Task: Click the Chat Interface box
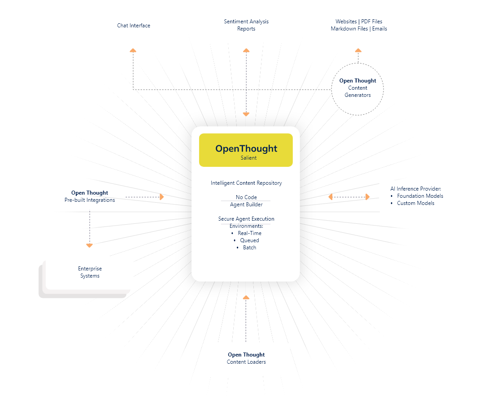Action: pyautogui.click(x=134, y=26)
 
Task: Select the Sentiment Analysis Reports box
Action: pyautogui.click(x=246, y=25)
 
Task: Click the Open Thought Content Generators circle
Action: pyautogui.click(x=357, y=88)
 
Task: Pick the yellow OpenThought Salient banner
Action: pyautogui.click(x=246, y=150)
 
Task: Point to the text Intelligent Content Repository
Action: pyautogui.click(x=246, y=183)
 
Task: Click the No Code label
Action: pyautogui.click(x=246, y=197)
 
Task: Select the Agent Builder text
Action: pyautogui.click(x=246, y=204)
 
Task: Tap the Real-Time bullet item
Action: pyautogui.click(x=249, y=233)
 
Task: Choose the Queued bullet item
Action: pyautogui.click(x=249, y=240)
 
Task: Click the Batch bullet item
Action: pyautogui.click(x=249, y=248)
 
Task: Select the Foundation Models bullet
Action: pyautogui.click(x=420, y=196)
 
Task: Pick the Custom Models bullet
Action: pyautogui.click(x=415, y=203)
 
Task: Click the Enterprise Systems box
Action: pyautogui.click(x=90, y=272)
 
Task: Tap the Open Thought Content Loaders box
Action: pyautogui.click(x=246, y=359)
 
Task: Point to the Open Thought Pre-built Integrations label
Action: pyautogui.click(x=89, y=196)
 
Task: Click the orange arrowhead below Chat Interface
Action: pyautogui.click(x=133, y=51)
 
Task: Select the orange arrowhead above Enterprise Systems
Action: pyautogui.click(x=89, y=245)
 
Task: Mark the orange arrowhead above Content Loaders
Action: pyautogui.click(x=245, y=297)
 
